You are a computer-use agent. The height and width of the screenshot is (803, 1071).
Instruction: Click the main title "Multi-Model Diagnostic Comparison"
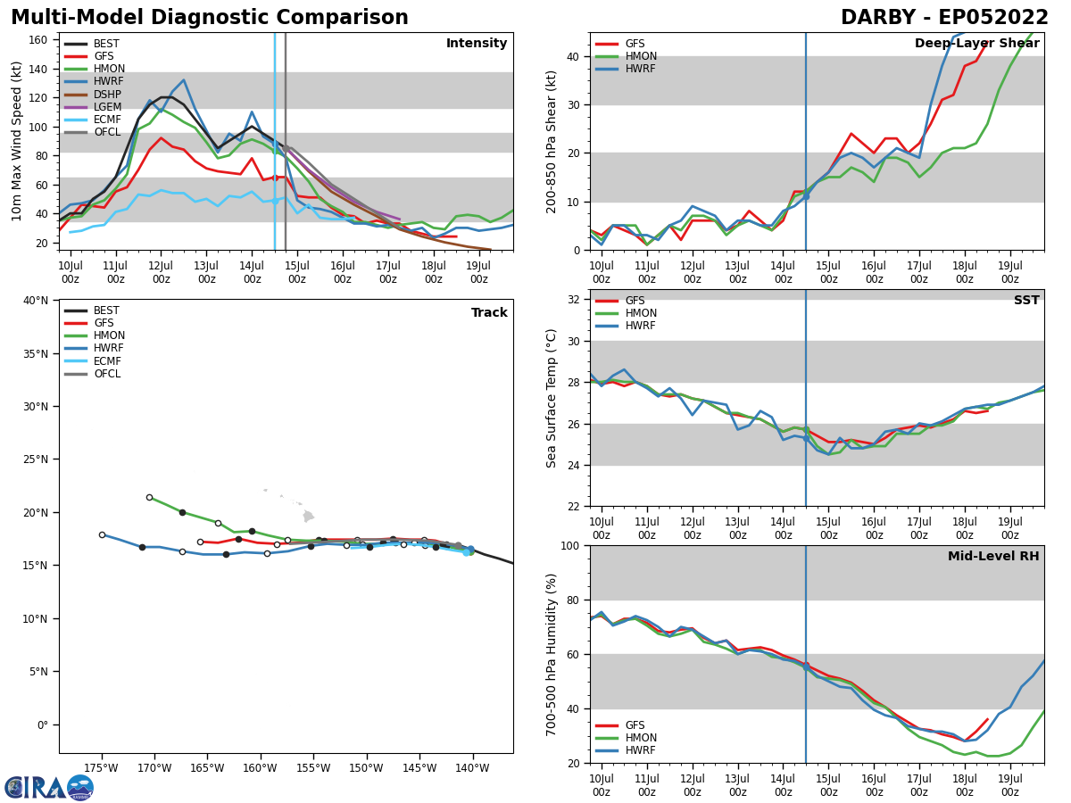(x=209, y=18)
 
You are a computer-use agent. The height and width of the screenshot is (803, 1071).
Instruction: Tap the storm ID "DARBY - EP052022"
(x=944, y=18)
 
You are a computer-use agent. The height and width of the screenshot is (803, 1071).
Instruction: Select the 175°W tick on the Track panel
(x=101, y=767)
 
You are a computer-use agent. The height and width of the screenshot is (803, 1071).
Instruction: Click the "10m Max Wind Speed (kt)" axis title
(x=16, y=141)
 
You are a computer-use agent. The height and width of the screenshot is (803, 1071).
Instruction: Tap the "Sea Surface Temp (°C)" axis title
(x=552, y=398)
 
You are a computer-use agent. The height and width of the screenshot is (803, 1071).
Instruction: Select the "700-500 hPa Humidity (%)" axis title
(x=552, y=654)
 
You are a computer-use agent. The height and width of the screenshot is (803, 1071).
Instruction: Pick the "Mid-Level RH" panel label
(x=993, y=557)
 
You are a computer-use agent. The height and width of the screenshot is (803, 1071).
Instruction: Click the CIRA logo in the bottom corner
(x=49, y=787)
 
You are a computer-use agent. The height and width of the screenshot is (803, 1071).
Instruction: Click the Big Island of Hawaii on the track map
(x=309, y=516)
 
